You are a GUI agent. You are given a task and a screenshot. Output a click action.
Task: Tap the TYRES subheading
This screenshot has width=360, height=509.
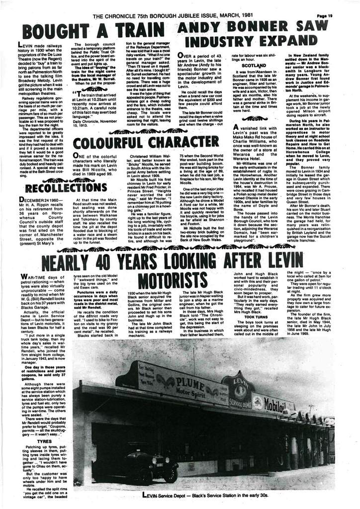click(x=44, y=440)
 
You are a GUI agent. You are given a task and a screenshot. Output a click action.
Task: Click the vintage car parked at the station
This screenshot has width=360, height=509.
click(x=148, y=466)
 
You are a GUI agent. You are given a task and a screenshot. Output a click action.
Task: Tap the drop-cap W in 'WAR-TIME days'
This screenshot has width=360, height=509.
click(x=23, y=276)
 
